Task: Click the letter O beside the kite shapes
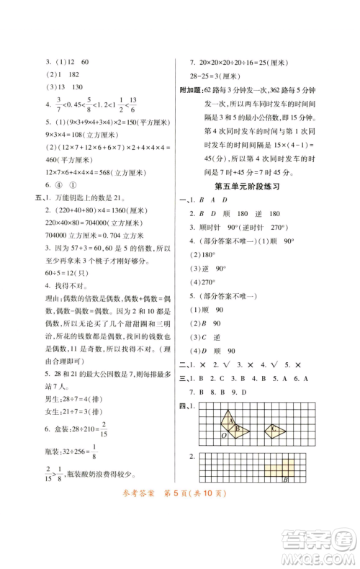[x=224, y=435]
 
